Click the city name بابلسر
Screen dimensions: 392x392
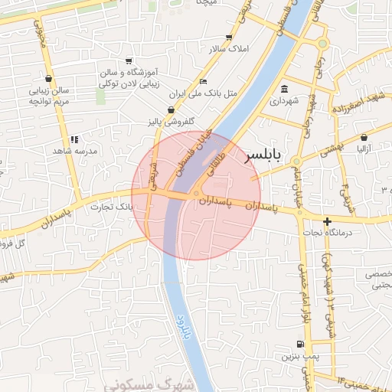pyautogui.click(x=263, y=156)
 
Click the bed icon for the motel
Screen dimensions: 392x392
pyautogui.click(x=202, y=81)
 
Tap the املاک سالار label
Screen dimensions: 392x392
pyautogui.click(x=229, y=49)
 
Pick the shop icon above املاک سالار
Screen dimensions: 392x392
pyautogui.click(x=229, y=37)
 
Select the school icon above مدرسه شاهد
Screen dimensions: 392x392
pyautogui.click(x=73, y=139)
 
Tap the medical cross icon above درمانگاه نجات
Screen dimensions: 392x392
pyautogui.click(x=327, y=222)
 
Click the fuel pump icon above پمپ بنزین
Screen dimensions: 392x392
pyautogui.click(x=300, y=344)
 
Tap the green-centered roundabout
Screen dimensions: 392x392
pyautogui.click(x=322, y=44)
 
